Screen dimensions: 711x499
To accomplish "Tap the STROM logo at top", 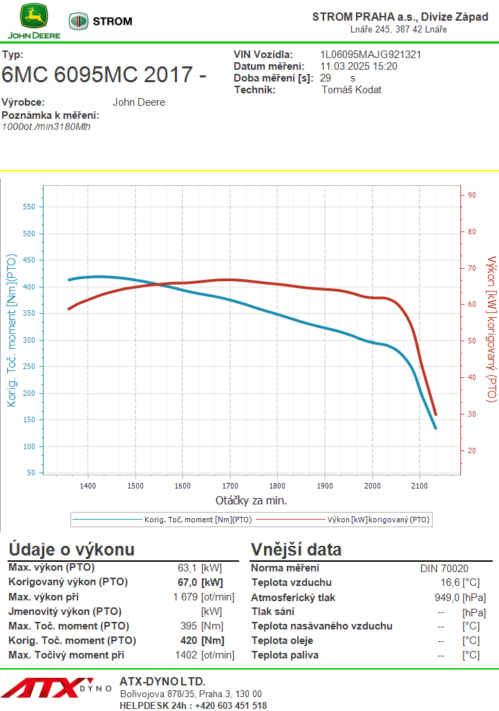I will (101, 21).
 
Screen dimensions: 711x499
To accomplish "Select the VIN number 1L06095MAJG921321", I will (370, 55).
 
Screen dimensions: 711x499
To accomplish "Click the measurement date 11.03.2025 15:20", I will (359, 66).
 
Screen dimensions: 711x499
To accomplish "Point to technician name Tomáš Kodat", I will (352, 90).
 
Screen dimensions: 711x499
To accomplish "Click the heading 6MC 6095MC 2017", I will (104, 75).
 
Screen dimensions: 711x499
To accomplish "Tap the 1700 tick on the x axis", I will (230, 486).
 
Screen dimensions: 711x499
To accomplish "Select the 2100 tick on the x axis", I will (420, 486).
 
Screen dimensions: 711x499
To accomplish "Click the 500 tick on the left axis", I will (28, 234).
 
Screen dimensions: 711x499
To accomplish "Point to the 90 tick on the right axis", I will (472, 195).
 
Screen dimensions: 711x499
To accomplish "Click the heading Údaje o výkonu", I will (71, 550).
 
